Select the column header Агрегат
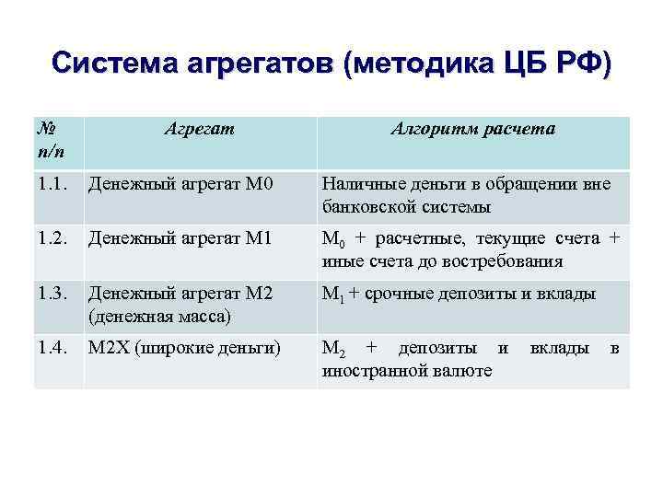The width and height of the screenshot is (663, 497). pos(199,129)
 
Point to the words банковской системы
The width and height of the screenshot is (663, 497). pos(406,206)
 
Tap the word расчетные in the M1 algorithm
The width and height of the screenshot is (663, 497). pos(406,239)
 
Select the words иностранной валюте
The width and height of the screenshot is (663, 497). pos(406,371)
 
